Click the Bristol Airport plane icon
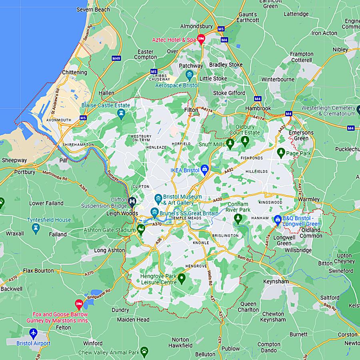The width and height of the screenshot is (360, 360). [x=33, y=333]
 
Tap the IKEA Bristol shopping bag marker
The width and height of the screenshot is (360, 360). [x=204, y=170]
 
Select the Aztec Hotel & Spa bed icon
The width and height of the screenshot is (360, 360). [x=201, y=39]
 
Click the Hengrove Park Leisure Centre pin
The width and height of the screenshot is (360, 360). [x=182, y=278]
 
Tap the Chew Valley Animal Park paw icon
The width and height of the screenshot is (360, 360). [x=144, y=352]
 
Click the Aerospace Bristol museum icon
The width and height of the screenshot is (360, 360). [x=189, y=75]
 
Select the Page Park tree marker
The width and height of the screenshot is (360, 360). [x=281, y=152]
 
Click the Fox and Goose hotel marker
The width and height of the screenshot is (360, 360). [x=79, y=305]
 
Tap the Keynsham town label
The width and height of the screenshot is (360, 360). [x=276, y=281]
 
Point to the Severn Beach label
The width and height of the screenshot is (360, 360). [x=93, y=9]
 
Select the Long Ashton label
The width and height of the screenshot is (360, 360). [x=109, y=250]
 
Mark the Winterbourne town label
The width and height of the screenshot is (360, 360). [x=278, y=79]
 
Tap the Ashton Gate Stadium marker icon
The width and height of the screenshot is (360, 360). [x=141, y=229]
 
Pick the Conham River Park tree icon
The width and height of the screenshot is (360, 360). [x=238, y=218]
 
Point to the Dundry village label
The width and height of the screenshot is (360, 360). [x=120, y=310]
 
